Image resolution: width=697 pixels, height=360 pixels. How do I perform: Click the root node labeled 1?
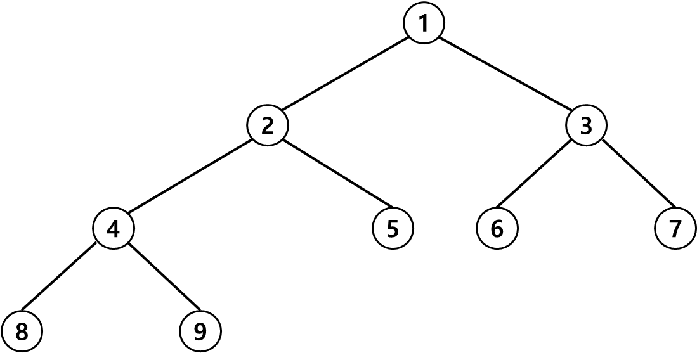tap(424, 23)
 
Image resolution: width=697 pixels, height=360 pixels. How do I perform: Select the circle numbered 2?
tap(267, 126)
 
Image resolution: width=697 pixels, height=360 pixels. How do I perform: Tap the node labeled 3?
tap(586, 126)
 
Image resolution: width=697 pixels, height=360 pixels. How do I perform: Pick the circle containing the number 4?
tap(114, 228)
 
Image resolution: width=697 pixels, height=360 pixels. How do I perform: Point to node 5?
tap(393, 228)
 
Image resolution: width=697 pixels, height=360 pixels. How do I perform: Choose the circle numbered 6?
tap(497, 228)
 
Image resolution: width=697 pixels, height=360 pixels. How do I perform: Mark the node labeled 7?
tap(675, 228)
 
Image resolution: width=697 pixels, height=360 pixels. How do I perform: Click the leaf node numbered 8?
tap(22, 331)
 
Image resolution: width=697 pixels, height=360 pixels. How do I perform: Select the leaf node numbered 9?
tap(200, 331)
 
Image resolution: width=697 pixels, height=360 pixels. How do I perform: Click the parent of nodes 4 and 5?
tap(267, 126)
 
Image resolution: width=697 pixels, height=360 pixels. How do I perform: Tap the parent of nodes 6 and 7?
tap(586, 126)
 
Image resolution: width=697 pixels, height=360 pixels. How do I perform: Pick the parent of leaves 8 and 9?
tap(114, 228)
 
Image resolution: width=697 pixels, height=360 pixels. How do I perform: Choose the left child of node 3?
tap(497, 228)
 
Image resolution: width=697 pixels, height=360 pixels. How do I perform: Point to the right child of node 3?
tap(675, 228)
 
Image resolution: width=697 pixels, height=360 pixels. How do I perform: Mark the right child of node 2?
tap(393, 228)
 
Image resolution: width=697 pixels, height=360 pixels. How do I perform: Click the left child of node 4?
tap(22, 331)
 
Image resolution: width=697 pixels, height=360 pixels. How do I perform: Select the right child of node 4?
tap(200, 331)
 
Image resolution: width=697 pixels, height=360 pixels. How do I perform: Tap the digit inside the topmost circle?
tap(424, 23)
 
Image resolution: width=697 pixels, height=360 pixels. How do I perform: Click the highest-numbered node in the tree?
tap(200, 331)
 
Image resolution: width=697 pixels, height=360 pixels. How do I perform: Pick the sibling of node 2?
tap(586, 126)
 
